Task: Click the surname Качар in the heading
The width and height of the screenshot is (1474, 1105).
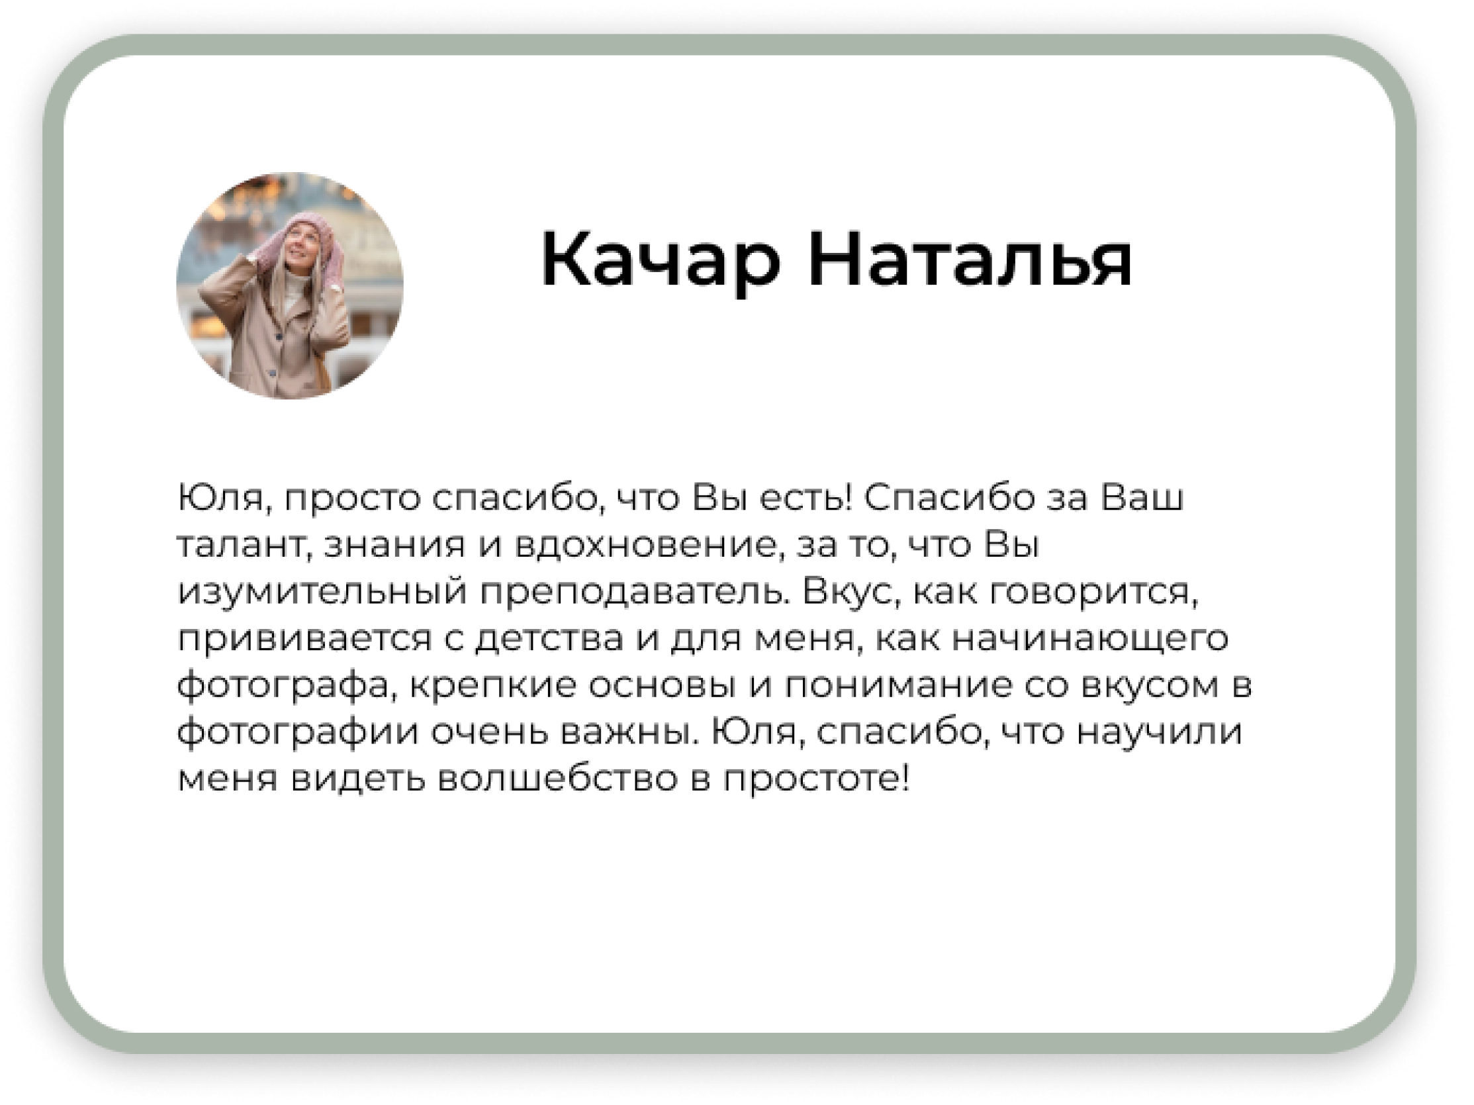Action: click(660, 260)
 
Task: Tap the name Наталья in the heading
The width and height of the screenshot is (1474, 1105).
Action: click(970, 260)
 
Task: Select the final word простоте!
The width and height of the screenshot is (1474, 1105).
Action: click(816, 779)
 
